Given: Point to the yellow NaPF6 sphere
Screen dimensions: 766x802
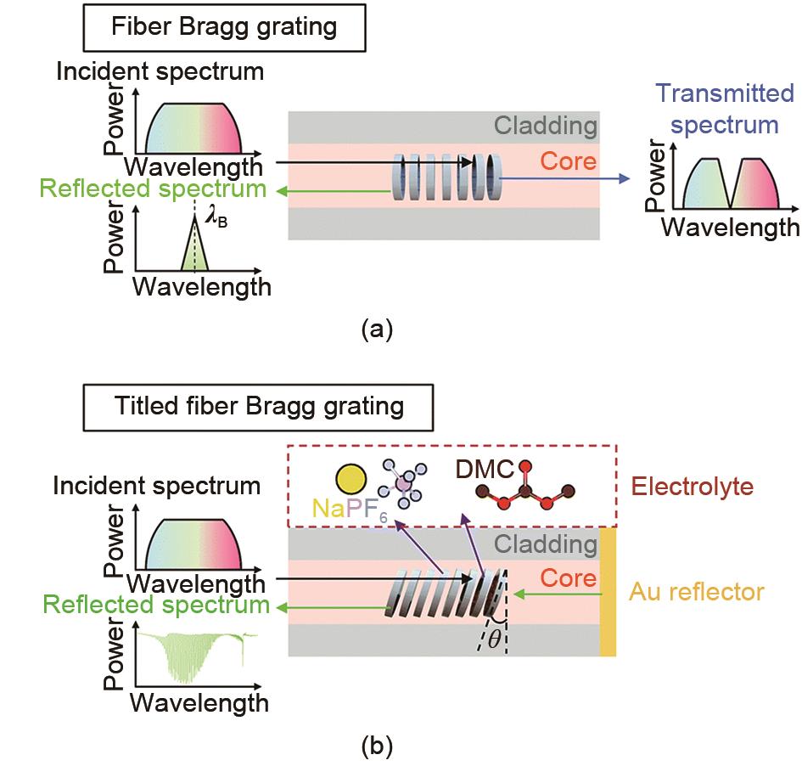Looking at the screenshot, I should pos(350,479).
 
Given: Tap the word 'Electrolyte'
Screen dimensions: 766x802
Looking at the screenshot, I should pos(693,487).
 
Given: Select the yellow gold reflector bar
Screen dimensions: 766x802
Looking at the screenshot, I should pos(608,591).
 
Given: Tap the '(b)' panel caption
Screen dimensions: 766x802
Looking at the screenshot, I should pos(376,747).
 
